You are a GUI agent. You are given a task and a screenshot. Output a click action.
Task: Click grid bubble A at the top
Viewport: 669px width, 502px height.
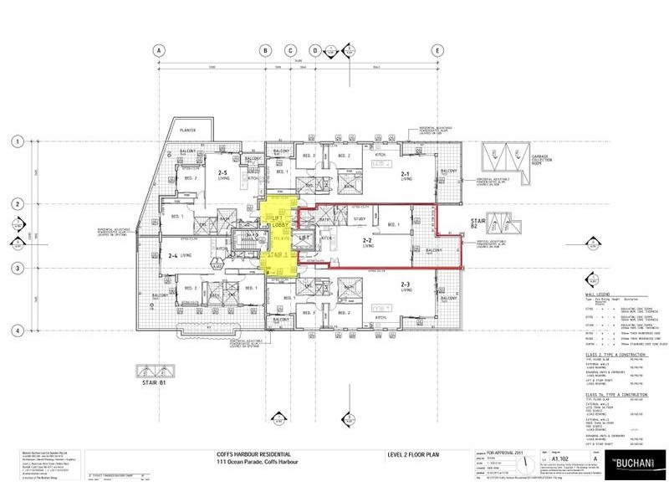tap(157, 50)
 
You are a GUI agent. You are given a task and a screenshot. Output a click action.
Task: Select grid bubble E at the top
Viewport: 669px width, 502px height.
tap(437, 50)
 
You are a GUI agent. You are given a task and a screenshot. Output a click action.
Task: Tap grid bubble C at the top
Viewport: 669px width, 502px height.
tap(291, 50)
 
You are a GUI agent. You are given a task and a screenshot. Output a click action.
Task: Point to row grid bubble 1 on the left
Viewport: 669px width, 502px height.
tap(16, 142)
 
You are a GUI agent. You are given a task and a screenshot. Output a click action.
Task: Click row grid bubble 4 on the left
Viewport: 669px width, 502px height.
tap(16, 331)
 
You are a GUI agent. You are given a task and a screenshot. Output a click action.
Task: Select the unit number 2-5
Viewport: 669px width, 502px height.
tap(223, 172)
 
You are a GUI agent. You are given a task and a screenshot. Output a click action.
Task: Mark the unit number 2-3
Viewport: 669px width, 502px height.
tap(406, 285)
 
